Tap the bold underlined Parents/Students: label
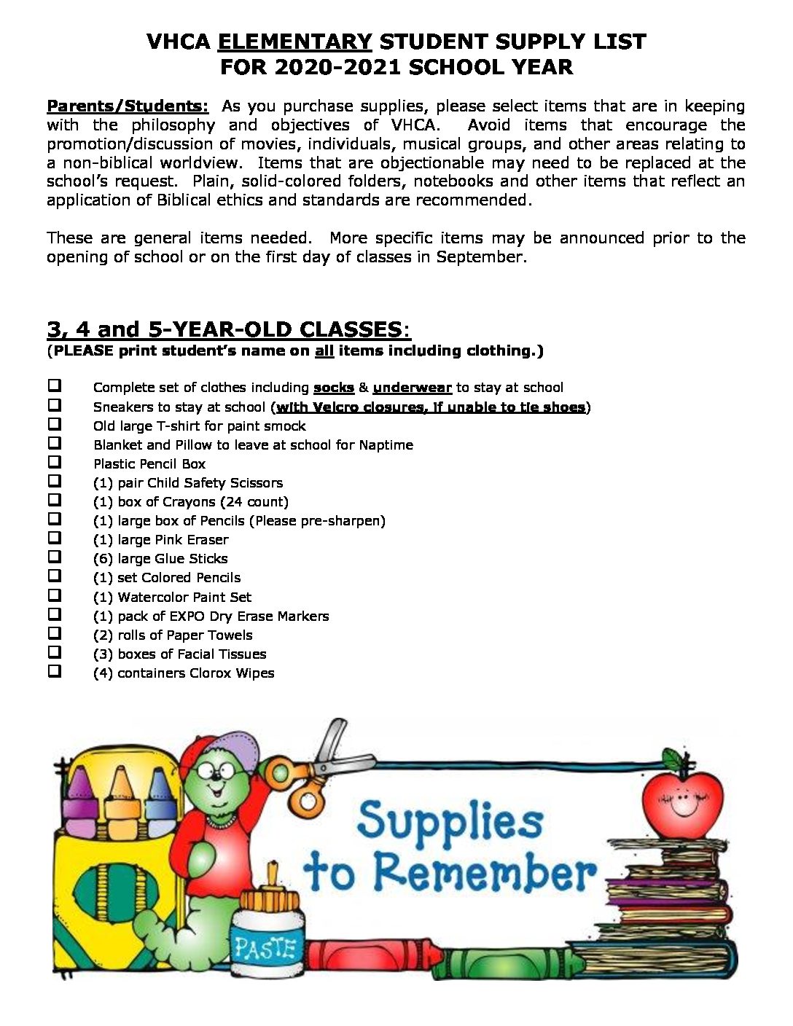point(128,106)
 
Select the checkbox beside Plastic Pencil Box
point(55,462)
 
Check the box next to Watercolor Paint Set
point(55,595)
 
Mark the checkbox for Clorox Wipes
point(55,671)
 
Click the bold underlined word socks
point(333,388)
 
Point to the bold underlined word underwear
point(412,388)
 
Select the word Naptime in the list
point(386,445)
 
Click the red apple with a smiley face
point(678,796)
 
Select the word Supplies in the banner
point(450,820)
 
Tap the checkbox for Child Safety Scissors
point(55,481)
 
